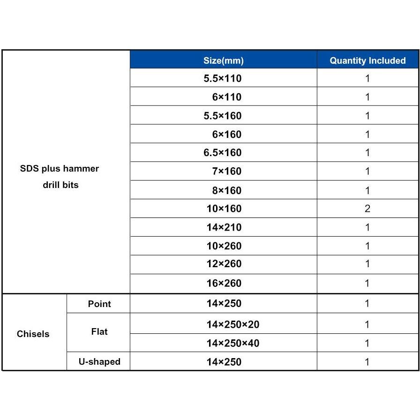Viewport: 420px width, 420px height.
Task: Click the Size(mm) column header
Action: click(223, 60)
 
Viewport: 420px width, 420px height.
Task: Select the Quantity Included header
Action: click(367, 60)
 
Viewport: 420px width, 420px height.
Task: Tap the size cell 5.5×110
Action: click(223, 78)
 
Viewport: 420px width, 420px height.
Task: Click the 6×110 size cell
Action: click(226, 97)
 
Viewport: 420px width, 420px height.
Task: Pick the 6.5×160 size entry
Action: click(223, 153)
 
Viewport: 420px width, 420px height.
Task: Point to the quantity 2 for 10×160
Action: click(367, 209)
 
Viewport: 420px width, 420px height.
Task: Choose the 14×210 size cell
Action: click(224, 227)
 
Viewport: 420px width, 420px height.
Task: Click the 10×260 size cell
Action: click(224, 246)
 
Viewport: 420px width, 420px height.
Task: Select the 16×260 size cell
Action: click(224, 283)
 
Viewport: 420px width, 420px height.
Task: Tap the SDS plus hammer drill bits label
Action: click(60, 176)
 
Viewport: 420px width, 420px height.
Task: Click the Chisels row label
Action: click(33, 334)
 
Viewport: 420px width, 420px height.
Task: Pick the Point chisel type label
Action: click(99, 304)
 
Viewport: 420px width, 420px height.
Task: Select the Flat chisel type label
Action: click(99, 332)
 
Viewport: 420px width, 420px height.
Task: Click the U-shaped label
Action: click(99, 361)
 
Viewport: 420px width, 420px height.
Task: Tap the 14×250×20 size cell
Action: click(232, 324)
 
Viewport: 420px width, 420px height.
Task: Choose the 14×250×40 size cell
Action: click(232, 343)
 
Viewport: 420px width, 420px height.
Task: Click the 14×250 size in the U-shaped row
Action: click(224, 362)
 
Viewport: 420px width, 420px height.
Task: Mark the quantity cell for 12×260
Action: click(367, 264)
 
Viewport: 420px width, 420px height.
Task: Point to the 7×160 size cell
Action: click(226, 172)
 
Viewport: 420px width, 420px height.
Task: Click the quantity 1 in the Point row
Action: click(367, 304)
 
